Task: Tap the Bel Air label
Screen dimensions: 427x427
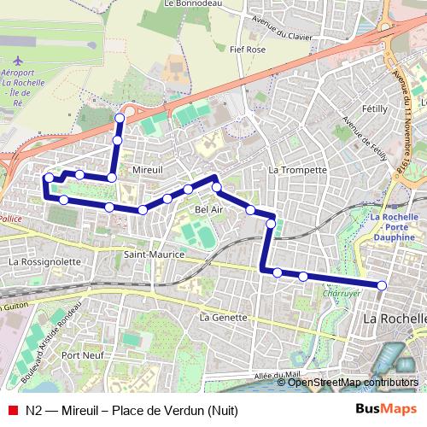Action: [x=209, y=209]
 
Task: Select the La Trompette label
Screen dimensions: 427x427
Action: [x=297, y=170]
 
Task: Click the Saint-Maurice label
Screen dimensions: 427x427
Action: [x=148, y=254]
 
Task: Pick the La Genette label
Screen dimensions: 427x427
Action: [x=216, y=316]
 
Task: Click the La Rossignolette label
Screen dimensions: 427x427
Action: [x=44, y=262]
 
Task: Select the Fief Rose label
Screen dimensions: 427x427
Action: [x=249, y=50]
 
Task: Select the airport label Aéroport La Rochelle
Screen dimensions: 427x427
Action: [x=20, y=76]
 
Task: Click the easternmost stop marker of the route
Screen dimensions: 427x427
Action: [x=382, y=285]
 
